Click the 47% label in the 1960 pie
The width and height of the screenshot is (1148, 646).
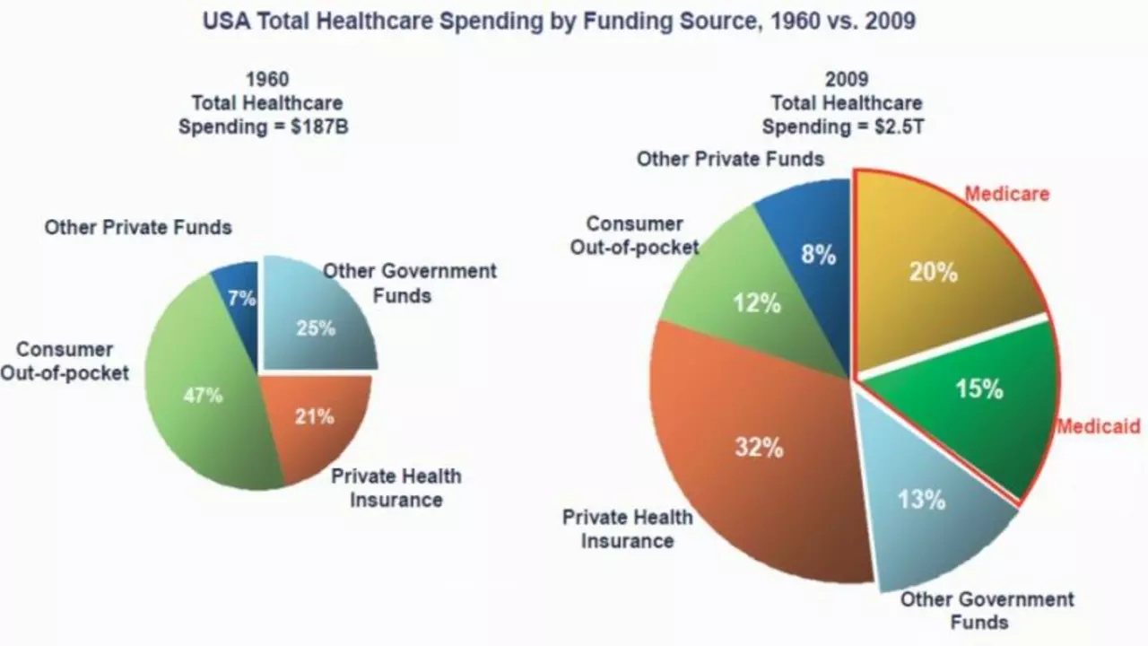pyautogui.click(x=203, y=395)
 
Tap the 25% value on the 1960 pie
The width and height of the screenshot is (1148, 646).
pyautogui.click(x=316, y=327)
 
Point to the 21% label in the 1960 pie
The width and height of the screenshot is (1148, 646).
pyautogui.click(x=314, y=416)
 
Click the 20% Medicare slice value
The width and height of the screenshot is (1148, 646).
pyautogui.click(x=933, y=272)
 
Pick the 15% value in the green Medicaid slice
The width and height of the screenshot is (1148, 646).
pyautogui.click(x=978, y=388)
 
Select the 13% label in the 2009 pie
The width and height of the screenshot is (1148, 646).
pyautogui.click(x=921, y=499)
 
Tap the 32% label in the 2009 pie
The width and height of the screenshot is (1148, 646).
pyautogui.click(x=759, y=447)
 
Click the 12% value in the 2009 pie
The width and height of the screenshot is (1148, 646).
pyautogui.click(x=756, y=303)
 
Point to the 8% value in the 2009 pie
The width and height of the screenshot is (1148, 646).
pyautogui.click(x=818, y=255)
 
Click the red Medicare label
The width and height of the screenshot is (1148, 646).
pyautogui.click(x=1006, y=193)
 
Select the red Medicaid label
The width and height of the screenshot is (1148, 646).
pyautogui.click(x=1098, y=426)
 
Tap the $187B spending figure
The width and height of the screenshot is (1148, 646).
pyautogui.click(x=320, y=127)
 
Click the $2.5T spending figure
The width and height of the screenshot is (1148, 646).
pyautogui.click(x=900, y=127)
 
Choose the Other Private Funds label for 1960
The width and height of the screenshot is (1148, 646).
pyautogui.click(x=138, y=227)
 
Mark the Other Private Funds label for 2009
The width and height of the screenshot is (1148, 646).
pyautogui.click(x=730, y=159)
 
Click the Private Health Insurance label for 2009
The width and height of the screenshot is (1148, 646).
pyautogui.click(x=627, y=528)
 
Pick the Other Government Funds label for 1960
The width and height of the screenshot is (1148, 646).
pyautogui.click(x=409, y=282)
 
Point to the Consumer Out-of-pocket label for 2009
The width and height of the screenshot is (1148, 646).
pyautogui.click(x=635, y=235)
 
